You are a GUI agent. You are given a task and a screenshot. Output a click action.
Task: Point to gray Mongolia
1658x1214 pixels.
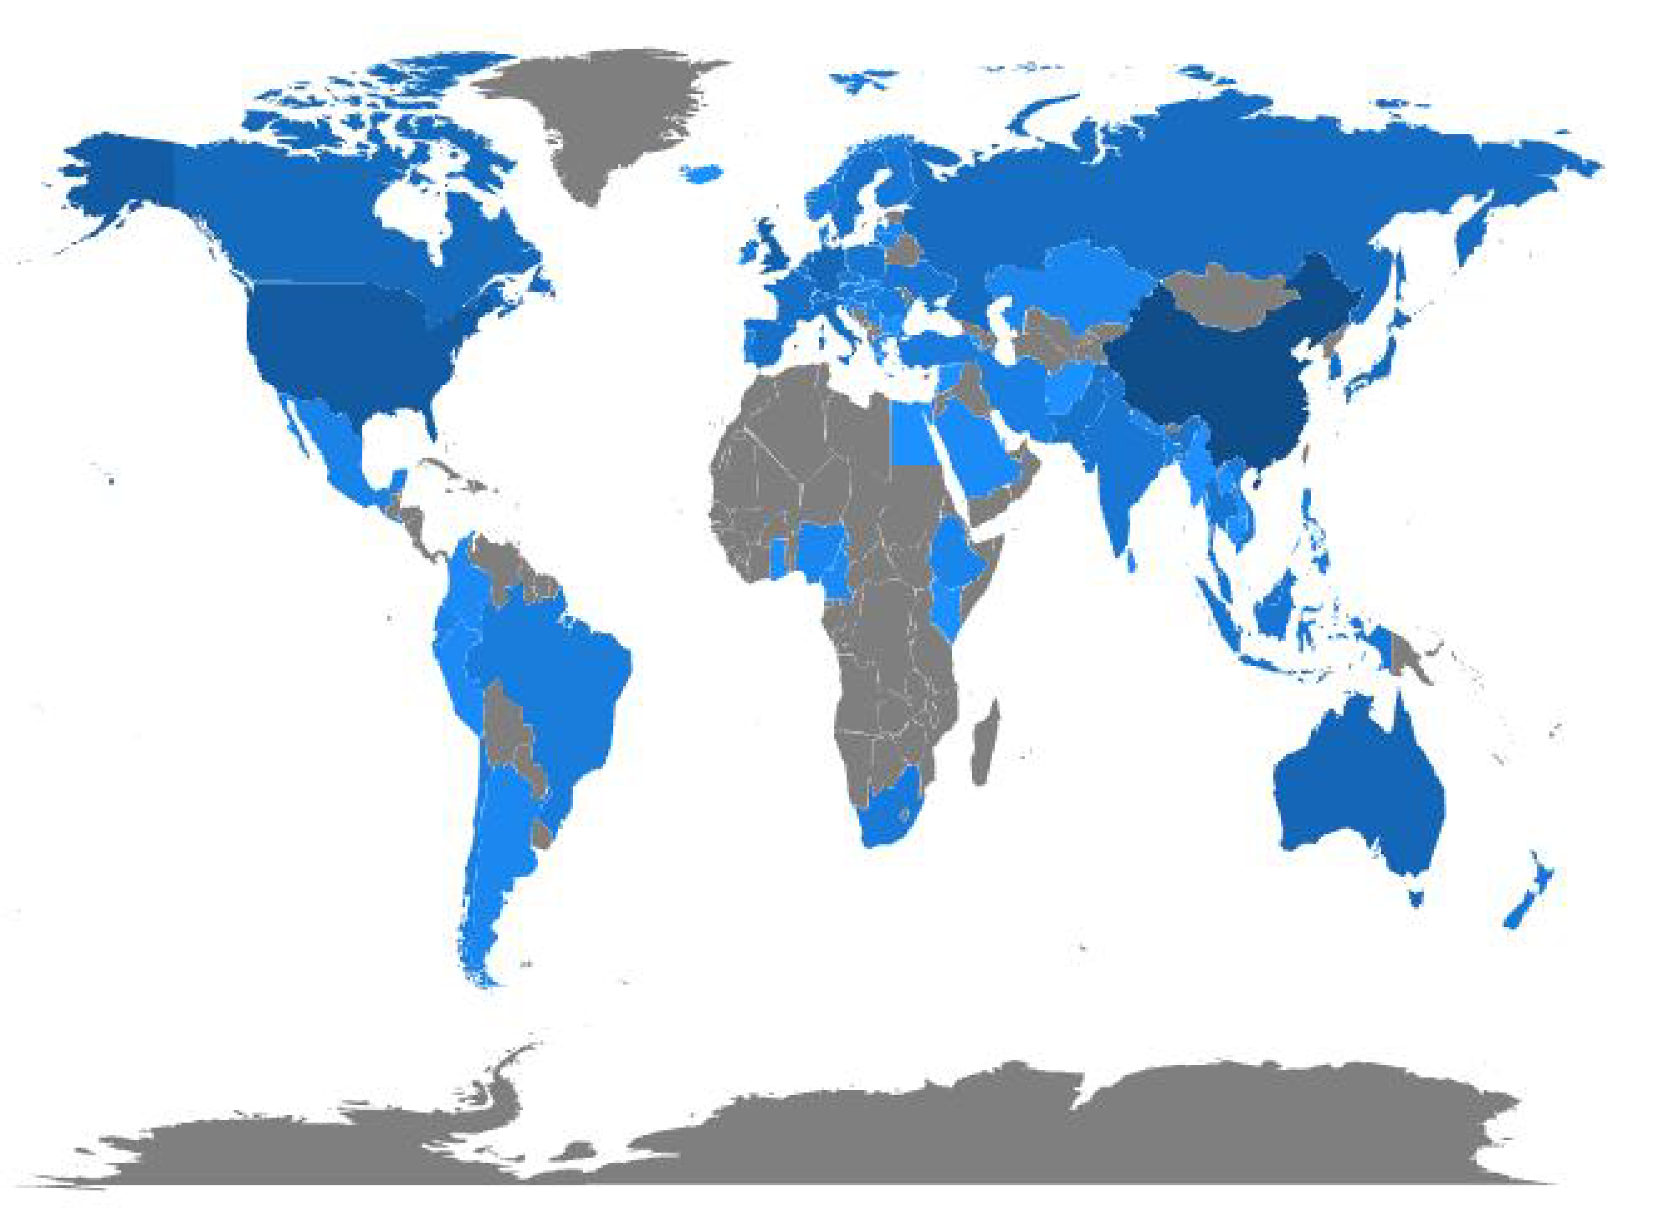pos(1227,298)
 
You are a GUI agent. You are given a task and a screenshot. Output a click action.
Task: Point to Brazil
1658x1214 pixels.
pos(558,683)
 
